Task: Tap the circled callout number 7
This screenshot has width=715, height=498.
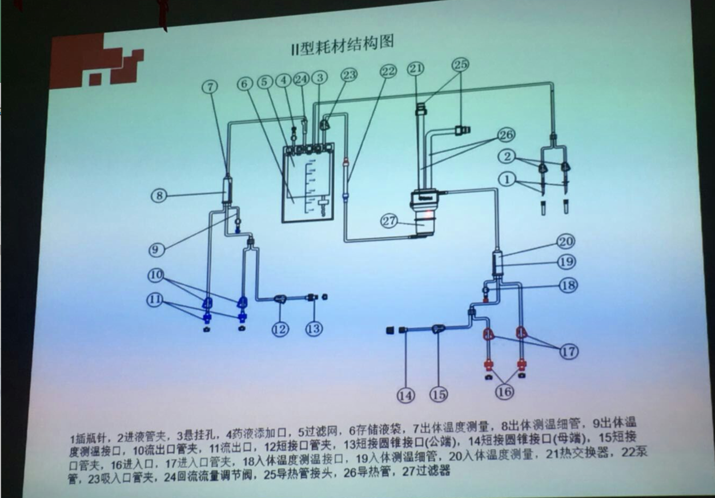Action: [x=210, y=87]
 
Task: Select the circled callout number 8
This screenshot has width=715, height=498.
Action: [x=159, y=195]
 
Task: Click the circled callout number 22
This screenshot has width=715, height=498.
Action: [x=388, y=71]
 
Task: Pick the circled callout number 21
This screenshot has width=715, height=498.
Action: [x=416, y=69]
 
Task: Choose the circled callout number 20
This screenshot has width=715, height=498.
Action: [x=566, y=242]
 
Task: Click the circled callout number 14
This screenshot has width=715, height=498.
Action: [x=405, y=395]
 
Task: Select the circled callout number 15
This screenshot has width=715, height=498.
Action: [x=439, y=394]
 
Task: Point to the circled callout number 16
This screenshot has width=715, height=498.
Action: [x=504, y=391]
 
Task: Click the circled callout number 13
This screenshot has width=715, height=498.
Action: [x=314, y=329]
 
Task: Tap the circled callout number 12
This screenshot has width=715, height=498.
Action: [x=280, y=329]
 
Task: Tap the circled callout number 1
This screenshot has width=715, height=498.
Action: [x=506, y=179]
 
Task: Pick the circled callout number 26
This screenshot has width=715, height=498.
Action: [x=506, y=135]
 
